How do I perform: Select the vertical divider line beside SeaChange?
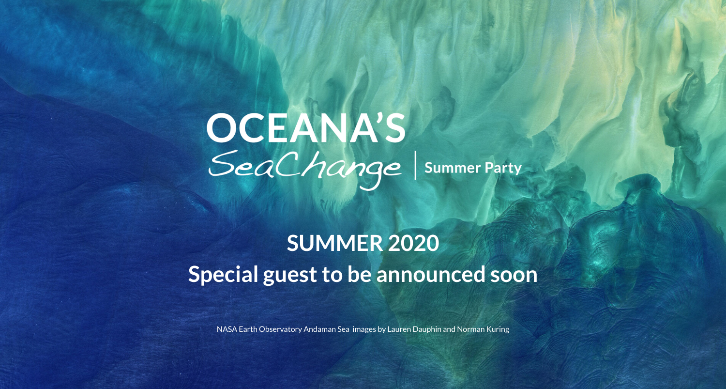pos(415,166)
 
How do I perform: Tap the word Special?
pos(223,275)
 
